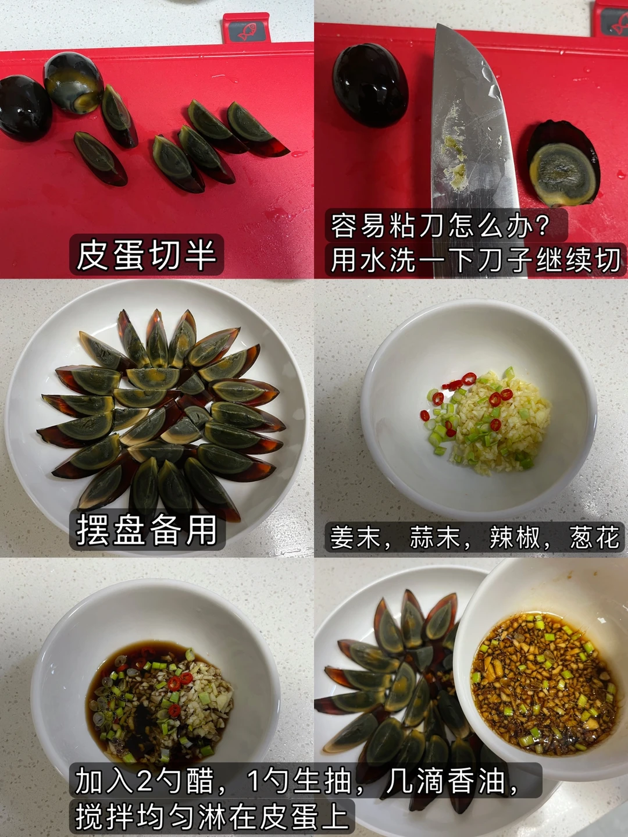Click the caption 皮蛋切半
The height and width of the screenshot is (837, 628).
coord(147,255)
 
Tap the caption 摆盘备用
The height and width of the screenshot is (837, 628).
coord(147,530)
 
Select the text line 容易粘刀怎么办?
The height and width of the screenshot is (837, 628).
coord(440,226)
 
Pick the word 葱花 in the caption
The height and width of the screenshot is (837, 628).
coord(594,537)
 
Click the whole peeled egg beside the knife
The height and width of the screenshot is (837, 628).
coord(370,85)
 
